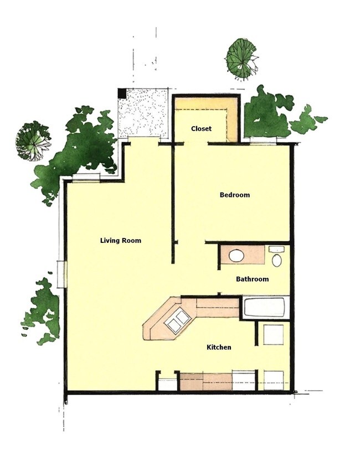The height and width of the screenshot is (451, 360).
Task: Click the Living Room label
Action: (120, 241)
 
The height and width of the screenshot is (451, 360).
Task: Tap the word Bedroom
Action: (234, 195)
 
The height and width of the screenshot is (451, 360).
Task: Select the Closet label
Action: (201, 129)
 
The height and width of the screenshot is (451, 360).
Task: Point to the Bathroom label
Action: (252, 279)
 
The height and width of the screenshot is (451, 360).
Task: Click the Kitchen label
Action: (219, 348)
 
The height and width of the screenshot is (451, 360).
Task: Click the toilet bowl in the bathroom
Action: (277, 260)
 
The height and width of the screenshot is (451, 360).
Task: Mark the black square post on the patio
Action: (122, 94)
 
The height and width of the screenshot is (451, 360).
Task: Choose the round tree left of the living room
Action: (32, 141)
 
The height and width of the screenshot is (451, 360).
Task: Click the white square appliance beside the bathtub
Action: (273, 335)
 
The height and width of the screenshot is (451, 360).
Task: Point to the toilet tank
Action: (276, 250)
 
